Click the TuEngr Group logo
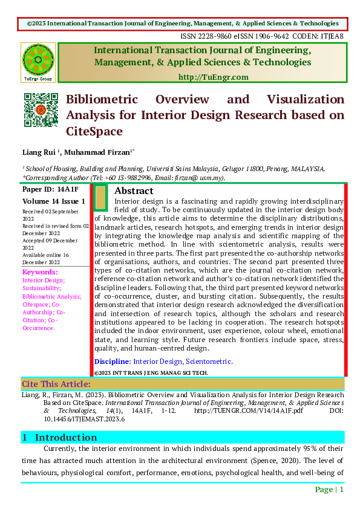point(38,62)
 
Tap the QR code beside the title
point(40,109)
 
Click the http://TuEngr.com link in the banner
point(214,77)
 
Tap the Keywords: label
point(40,272)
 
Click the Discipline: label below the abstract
point(113,361)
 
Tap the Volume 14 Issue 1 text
point(54,201)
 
